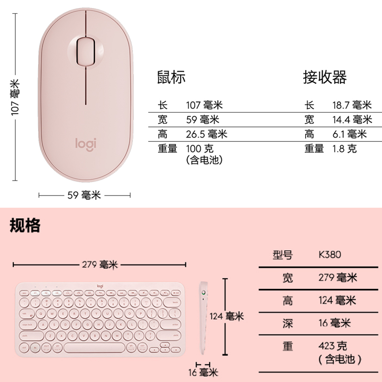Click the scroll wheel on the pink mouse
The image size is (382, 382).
click(x=85, y=49)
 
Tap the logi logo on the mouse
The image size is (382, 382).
click(x=85, y=143)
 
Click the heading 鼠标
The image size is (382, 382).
click(x=171, y=77)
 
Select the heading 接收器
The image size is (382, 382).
click(x=325, y=77)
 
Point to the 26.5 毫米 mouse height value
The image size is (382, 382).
click(x=206, y=134)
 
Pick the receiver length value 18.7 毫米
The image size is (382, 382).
click(x=352, y=105)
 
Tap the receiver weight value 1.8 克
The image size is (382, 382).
click(x=344, y=149)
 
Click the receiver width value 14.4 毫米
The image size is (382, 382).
click(x=352, y=119)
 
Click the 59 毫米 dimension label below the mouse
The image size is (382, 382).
click(x=85, y=195)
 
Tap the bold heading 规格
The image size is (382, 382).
click(x=25, y=225)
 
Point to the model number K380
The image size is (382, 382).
click(x=330, y=255)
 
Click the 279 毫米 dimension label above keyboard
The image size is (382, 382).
click(x=100, y=264)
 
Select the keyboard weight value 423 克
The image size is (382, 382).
click(x=333, y=345)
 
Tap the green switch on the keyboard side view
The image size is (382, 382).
click(x=204, y=293)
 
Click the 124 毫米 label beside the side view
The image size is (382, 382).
click(x=227, y=316)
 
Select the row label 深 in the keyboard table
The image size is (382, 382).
click(x=287, y=323)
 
